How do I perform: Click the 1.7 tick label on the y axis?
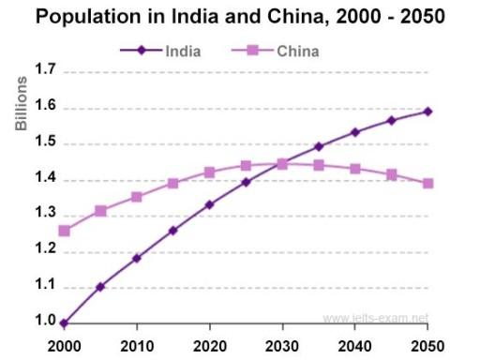coord(45,71)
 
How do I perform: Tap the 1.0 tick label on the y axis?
coord(45,322)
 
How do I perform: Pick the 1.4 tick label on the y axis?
coord(45,179)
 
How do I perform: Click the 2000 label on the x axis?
coord(64,344)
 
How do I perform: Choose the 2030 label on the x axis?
coord(282,344)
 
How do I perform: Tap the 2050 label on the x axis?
coord(427,344)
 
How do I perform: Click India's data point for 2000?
coord(64,322)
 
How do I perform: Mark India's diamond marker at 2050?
coord(427,112)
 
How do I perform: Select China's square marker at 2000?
coord(64,231)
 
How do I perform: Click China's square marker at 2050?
coord(427,183)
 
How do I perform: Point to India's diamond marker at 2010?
coord(137,258)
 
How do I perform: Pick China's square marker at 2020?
coord(209,172)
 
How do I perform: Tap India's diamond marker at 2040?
coord(354,132)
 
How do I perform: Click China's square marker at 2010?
coord(137,197)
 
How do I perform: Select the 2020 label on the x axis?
coord(209,344)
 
